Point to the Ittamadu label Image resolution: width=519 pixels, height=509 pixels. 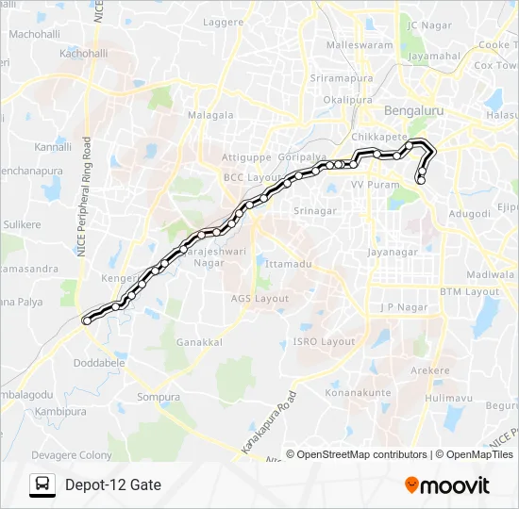click(x=289, y=264)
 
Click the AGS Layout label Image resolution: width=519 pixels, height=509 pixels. click(x=259, y=298)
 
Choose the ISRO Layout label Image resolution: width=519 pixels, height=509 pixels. click(x=324, y=341)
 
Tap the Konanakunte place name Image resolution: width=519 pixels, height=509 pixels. click(x=358, y=391)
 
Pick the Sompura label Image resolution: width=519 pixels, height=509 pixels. click(x=159, y=397)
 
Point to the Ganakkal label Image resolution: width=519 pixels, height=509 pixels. click(x=198, y=341)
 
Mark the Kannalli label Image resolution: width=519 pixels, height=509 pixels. click(x=53, y=148)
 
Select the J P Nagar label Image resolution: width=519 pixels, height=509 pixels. click(x=404, y=307)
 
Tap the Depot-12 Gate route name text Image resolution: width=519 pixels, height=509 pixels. click(x=113, y=484)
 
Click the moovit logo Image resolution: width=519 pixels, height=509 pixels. click(x=447, y=485)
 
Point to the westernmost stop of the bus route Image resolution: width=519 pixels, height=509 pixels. click(x=87, y=320)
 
